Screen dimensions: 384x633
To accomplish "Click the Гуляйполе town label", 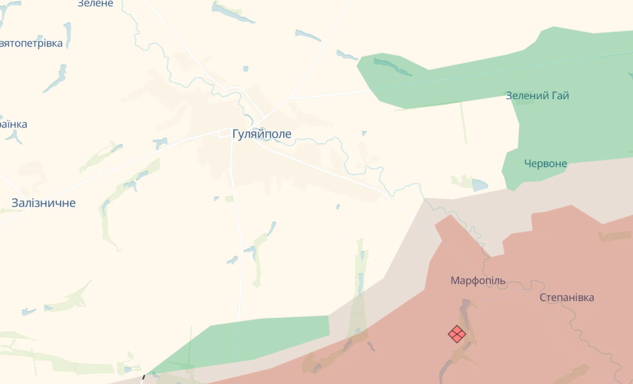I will (262, 134).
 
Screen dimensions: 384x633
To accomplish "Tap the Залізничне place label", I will (44, 203).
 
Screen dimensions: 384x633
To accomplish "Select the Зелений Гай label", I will (537, 96).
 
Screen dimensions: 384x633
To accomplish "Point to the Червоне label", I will (546, 164).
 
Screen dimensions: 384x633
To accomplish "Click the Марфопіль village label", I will (478, 281).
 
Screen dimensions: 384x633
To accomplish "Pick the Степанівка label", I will (566, 297).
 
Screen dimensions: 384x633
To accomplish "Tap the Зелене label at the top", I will (95, 4).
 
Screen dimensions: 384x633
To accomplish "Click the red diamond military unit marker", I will (457, 334).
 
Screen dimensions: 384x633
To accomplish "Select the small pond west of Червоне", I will (480, 185).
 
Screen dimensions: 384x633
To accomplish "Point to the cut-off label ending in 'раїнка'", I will (14, 124).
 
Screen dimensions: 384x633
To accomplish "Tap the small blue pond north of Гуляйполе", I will (246, 69).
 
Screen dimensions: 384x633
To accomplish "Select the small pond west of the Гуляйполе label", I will (160, 143).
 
